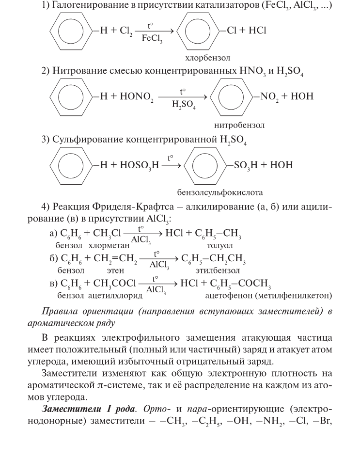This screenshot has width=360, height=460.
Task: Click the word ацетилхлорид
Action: click(116, 295)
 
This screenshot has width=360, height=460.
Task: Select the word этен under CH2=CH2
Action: click(115, 270)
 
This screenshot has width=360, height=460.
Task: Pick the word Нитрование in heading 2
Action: click(78, 71)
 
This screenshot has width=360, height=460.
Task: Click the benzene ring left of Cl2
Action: click(70, 31)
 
